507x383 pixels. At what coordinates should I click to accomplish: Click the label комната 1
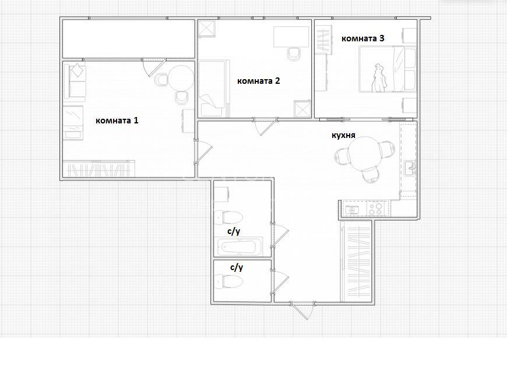pyautogui.click(x=117, y=120)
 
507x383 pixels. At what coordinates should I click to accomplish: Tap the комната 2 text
pyautogui.click(x=258, y=81)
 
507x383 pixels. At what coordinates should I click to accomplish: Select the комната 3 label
pyautogui.click(x=363, y=38)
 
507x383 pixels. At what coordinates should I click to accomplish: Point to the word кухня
pyautogui.click(x=343, y=135)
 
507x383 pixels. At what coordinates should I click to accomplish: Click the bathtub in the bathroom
pyautogui.click(x=238, y=247)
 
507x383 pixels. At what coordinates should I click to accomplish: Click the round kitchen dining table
pyautogui.click(x=364, y=154)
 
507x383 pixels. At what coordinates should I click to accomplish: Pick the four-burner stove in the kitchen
pyautogui.click(x=375, y=208)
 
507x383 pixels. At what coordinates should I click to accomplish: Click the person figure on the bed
pyautogui.click(x=378, y=78)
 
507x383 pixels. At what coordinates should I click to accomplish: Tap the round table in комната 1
pyautogui.click(x=181, y=79)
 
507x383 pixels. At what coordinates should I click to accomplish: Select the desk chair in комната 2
pyautogui.click(x=294, y=54)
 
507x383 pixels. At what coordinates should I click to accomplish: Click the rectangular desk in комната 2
pyautogui.click(x=291, y=37)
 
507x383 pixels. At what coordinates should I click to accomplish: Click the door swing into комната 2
pyautogui.click(x=265, y=126)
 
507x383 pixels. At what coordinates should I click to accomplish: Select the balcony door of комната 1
pyautogui.click(x=154, y=68)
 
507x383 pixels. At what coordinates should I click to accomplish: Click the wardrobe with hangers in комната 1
pyautogui.click(x=99, y=169)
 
